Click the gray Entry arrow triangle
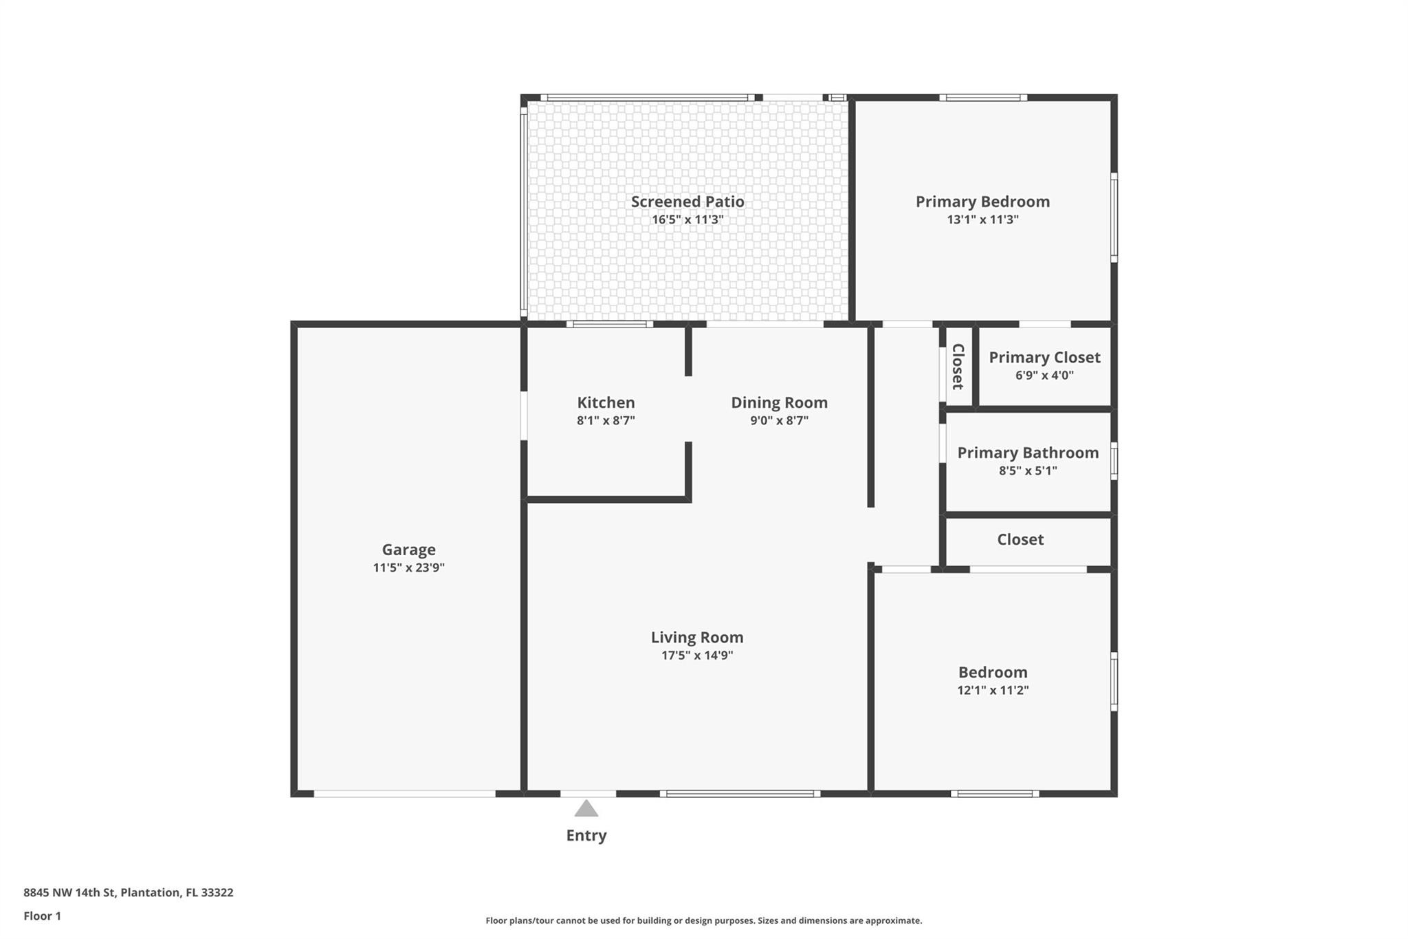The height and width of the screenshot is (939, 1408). coord(586,809)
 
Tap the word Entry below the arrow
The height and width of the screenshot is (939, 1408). coord(586,835)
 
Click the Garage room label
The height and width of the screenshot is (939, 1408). coord(408,550)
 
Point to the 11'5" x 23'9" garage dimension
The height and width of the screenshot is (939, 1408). coord(408,568)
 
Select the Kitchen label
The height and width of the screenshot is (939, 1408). coord(606,402)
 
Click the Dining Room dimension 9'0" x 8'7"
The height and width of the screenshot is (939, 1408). coord(779,420)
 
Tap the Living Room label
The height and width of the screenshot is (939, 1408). coord(697,637)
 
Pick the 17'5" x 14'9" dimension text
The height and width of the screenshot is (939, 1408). coord(697,655)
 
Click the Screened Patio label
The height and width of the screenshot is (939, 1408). coord(687,202)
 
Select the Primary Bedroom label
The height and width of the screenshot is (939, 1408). coord(982,202)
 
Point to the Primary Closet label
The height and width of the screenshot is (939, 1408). coord(1044,357)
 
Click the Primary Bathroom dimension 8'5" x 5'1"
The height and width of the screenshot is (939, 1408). coord(1028,471)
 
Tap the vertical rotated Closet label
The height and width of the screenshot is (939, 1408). coord(958,366)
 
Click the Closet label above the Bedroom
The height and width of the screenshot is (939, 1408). coord(1020,539)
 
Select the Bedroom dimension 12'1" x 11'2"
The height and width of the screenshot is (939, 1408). coord(993,690)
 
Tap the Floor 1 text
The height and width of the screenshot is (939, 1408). coord(42,916)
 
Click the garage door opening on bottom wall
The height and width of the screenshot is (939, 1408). coord(404,794)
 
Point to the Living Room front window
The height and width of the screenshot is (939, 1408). coord(740,794)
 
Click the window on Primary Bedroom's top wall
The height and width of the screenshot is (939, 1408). coord(983,98)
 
